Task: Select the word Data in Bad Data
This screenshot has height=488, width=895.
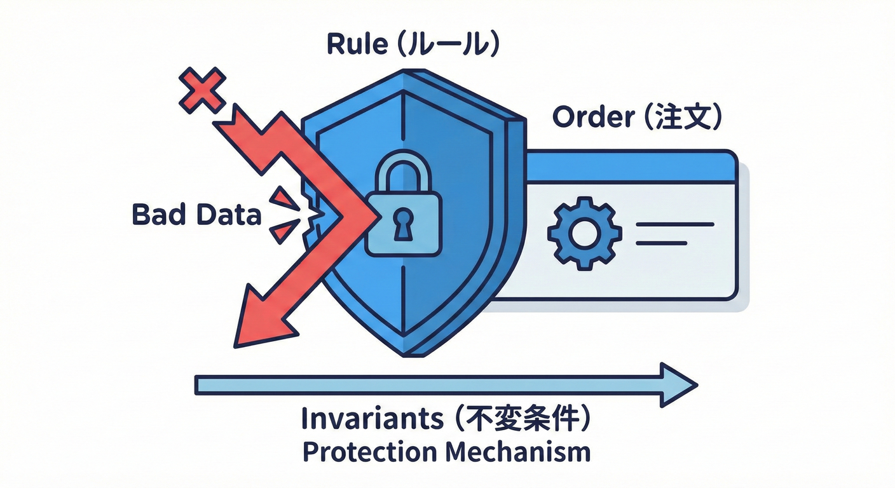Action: tap(228, 215)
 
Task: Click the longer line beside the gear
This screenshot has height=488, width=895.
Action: tap(674, 224)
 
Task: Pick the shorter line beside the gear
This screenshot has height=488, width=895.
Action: tap(662, 243)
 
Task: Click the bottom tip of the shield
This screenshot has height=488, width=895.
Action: tap(405, 353)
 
